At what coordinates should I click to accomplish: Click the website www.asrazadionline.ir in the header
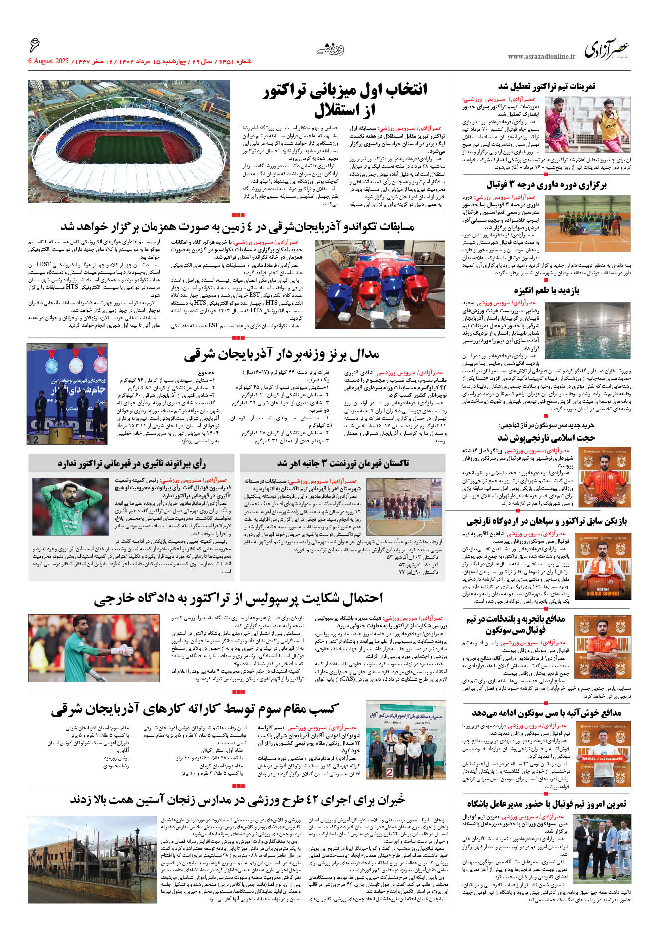541,57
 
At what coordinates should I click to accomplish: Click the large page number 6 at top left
34,46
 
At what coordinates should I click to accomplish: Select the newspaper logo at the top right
606,50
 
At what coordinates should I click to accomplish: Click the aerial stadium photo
129,141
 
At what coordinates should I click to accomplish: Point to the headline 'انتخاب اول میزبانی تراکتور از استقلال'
345,100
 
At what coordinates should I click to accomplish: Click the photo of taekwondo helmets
380,284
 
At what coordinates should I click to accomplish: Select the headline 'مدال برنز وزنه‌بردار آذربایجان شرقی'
281,354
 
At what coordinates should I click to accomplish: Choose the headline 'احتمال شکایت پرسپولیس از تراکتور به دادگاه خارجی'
238,598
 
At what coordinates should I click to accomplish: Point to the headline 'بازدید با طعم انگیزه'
546,290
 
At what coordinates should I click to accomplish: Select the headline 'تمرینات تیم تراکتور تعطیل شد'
546,87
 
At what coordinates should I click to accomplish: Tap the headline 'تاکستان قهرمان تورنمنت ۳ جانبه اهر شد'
343,463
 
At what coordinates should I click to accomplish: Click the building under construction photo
93,859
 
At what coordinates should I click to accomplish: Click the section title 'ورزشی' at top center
330,49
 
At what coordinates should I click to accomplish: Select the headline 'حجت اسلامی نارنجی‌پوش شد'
546,438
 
